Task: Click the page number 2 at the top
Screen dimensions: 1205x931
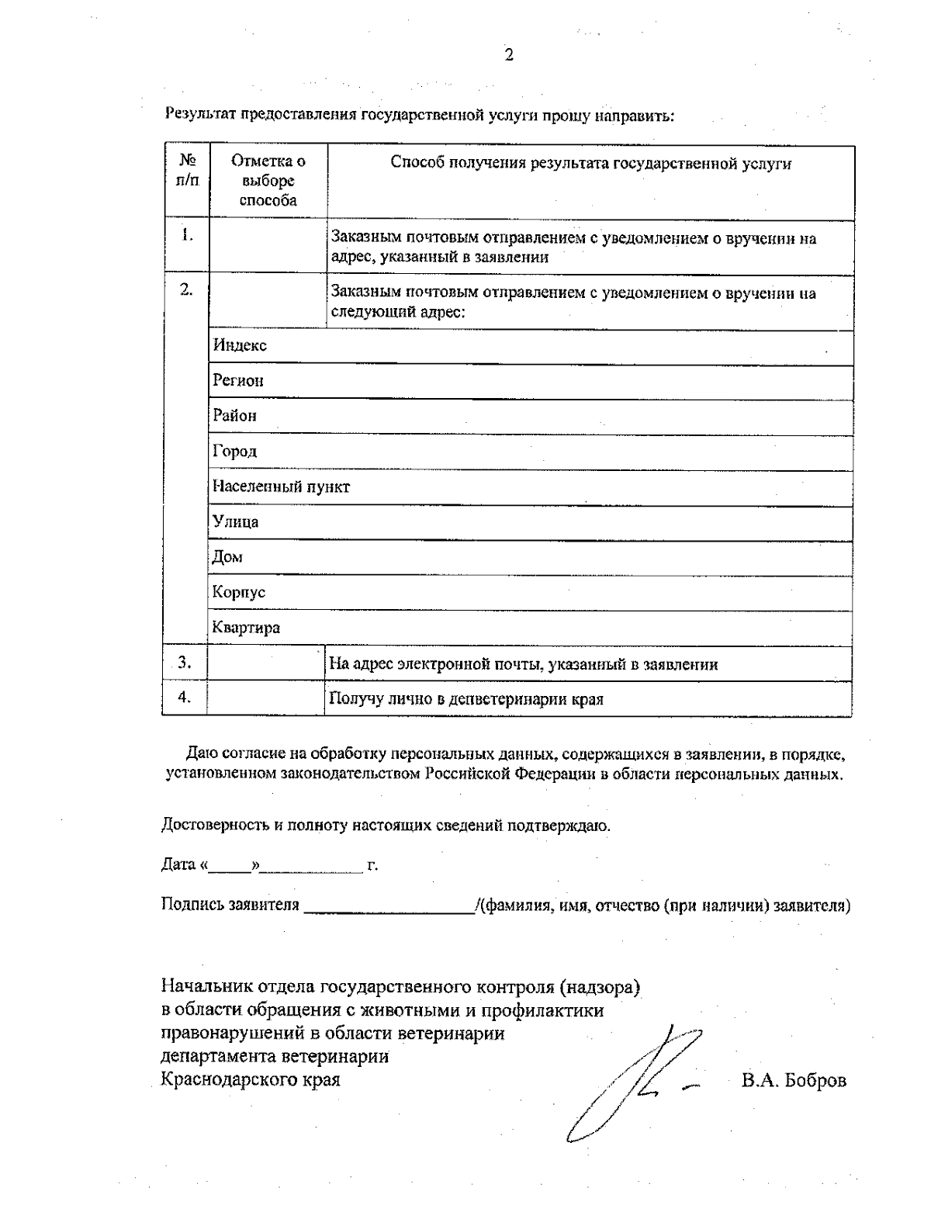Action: click(509, 55)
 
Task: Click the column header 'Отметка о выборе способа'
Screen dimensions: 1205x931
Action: click(268, 181)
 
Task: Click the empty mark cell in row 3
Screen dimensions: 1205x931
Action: click(266, 663)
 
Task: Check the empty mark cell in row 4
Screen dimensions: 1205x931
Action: click(266, 698)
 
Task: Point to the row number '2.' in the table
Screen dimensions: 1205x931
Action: click(186, 289)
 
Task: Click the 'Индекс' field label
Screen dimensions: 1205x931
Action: click(240, 346)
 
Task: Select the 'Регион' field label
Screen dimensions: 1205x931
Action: click(238, 381)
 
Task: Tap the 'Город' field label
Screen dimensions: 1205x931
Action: click(235, 452)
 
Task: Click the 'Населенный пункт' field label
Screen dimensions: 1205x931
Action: click(281, 487)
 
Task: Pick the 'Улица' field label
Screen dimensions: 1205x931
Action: click(236, 522)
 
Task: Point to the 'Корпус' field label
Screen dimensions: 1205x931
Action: click(239, 592)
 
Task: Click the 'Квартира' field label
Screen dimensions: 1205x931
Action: click(246, 628)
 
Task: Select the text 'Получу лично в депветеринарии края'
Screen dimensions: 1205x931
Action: click(466, 699)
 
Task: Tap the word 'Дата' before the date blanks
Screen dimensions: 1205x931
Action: click(178, 864)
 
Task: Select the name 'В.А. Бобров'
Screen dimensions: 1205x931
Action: click(794, 1080)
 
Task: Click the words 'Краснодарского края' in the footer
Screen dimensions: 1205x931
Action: click(250, 1079)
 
